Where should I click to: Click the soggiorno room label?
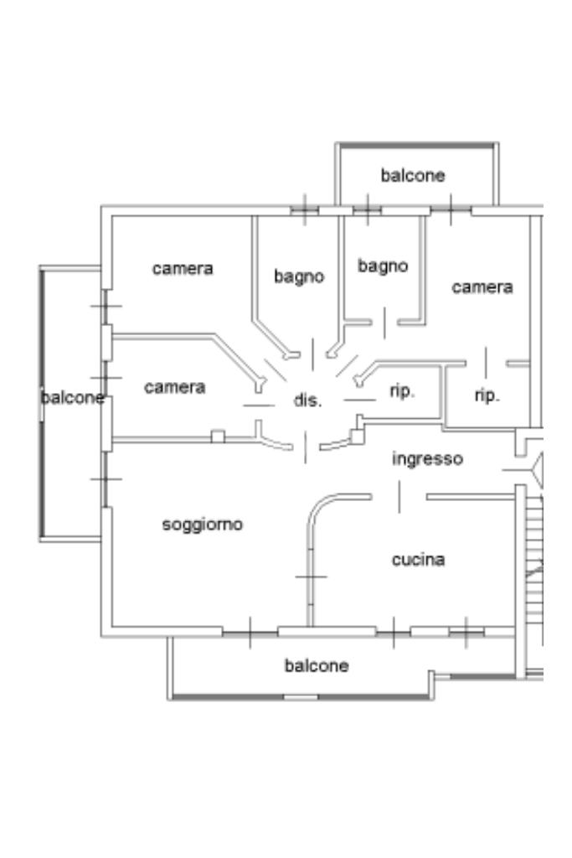202,525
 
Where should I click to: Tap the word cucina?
418,560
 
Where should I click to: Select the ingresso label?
427,459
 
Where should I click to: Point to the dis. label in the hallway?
307,401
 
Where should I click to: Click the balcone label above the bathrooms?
413,176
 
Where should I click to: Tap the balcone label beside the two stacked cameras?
73,397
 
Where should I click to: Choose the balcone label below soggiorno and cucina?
317,666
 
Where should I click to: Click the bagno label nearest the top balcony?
383,266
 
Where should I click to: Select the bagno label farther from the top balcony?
299,276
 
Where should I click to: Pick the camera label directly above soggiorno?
174,388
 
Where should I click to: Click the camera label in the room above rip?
482,287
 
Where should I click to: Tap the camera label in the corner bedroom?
183,269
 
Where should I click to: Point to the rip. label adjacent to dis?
403,391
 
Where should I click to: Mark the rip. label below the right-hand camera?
487,395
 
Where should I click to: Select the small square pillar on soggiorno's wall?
218,436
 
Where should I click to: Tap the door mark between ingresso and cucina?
399,497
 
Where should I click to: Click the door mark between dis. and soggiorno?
305,447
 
